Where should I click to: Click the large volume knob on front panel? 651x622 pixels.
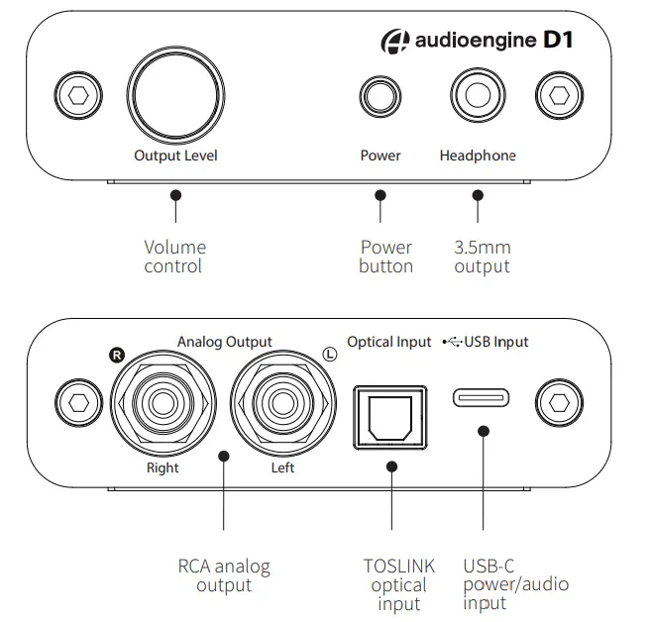coord(174,94)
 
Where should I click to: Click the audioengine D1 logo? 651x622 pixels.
coord(479,41)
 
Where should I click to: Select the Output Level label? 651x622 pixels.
coord(175,155)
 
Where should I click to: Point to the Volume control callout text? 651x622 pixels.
coord(175,257)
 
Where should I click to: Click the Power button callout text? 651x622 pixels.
coord(385,257)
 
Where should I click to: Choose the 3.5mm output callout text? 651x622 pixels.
coord(482,257)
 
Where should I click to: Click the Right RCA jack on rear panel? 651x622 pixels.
coord(162,402)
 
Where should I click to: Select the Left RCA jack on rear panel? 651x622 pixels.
coord(282,402)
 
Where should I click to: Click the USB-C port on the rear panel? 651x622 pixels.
coord(483,398)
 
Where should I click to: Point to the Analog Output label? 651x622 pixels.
coord(224,342)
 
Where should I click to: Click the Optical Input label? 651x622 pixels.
coord(389,342)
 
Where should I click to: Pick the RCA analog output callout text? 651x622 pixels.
coord(223,575)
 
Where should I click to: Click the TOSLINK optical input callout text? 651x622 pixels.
coord(398,584)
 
